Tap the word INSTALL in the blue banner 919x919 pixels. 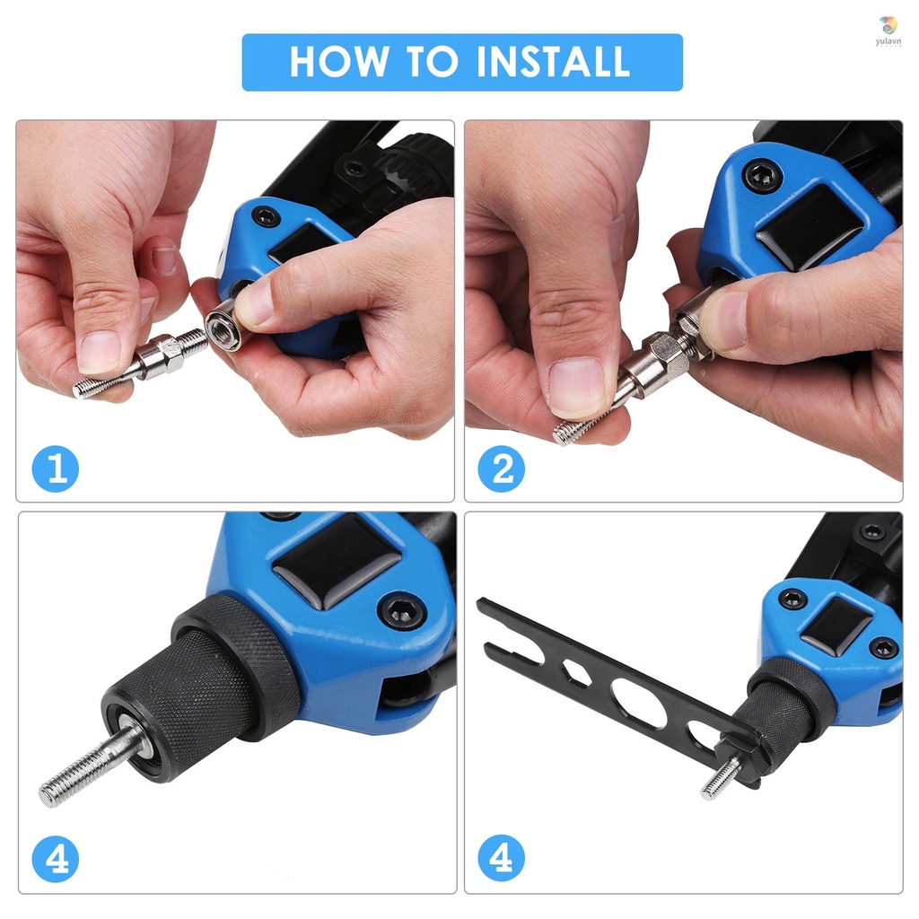[553, 62]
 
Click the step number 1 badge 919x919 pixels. [56, 469]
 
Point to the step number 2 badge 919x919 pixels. [501, 469]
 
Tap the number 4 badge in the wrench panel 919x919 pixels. [501, 860]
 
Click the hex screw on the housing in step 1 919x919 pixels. [266, 216]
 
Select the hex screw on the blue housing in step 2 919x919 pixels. [762, 174]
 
